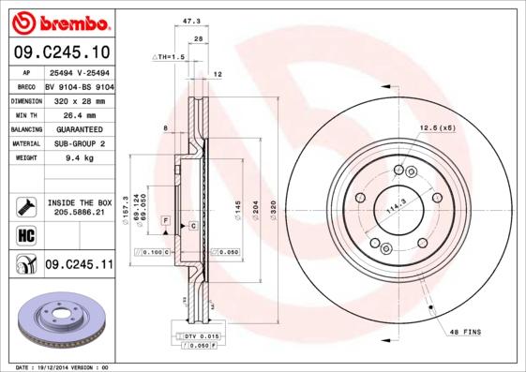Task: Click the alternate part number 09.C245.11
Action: [x=78, y=266]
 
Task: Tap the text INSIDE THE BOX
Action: [x=79, y=202]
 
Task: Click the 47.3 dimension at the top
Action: [x=192, y=19]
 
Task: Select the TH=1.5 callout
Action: [x=170, y=56]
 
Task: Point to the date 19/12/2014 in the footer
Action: [x=63, y=367]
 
